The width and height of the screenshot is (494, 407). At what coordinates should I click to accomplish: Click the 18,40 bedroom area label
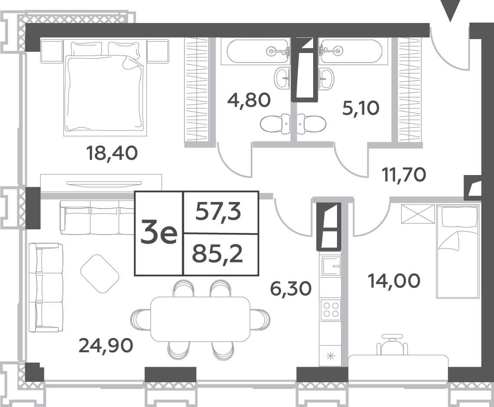(112, 153)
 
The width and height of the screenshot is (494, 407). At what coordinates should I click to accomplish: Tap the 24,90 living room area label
(106, 345)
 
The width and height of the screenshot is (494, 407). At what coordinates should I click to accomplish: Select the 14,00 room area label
(394, 281)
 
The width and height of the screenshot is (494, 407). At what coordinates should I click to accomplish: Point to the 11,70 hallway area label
(404, 175)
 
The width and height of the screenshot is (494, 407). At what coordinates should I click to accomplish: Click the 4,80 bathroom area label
(249, 100)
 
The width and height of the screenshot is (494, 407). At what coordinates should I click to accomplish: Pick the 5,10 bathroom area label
(361, 109)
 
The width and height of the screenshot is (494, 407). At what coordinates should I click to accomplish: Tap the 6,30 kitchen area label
(291, 288)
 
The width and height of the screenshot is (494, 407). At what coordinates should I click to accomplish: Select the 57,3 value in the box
(218, 212)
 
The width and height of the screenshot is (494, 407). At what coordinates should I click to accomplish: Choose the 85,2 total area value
(218, 254)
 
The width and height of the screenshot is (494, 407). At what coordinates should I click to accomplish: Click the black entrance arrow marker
(451, 11)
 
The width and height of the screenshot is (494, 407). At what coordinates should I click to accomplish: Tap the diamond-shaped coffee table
(100, 274)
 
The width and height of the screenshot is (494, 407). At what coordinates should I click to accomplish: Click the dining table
(200, 319)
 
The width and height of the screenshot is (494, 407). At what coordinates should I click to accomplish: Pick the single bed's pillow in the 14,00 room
(459, 217)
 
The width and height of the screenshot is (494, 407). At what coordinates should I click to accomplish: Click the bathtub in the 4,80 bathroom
(255, 51)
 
